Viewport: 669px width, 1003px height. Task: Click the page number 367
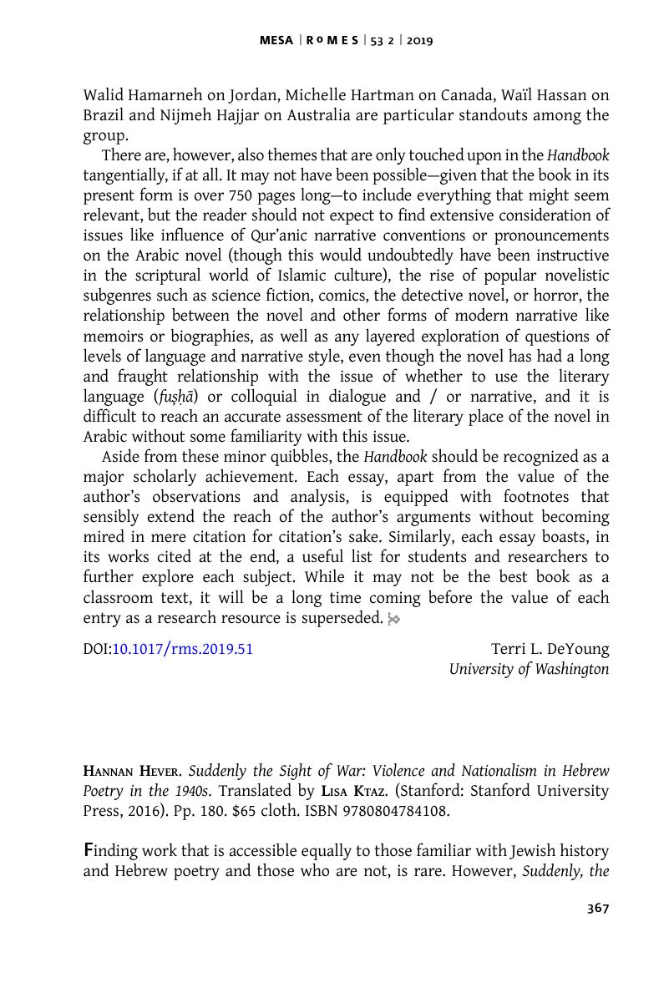(x=598, y=909)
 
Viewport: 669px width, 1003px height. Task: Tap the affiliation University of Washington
(x=529, y=669)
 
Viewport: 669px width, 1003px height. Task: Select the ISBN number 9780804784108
(x=390, y=811)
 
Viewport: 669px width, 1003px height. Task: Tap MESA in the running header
(x=276, y=40)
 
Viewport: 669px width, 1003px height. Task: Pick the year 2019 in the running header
(x=420, y=40)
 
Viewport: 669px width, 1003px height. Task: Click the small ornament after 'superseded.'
(x=394, y=619)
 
